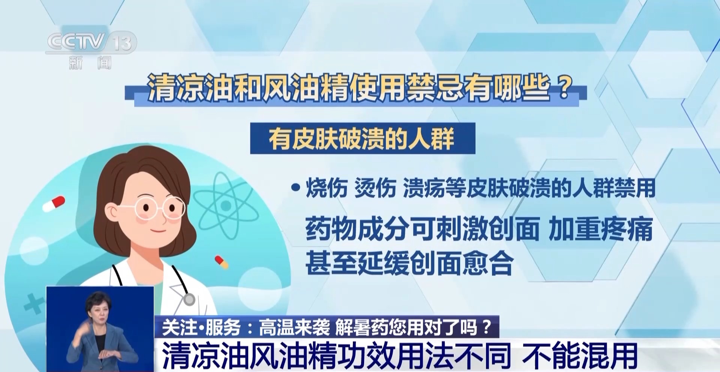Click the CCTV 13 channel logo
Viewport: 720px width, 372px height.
(91, 42)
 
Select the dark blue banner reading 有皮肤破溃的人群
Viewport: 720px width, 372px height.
(363, 138)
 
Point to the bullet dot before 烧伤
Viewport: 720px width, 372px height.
(296, 188)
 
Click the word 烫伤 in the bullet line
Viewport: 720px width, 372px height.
(375, 188)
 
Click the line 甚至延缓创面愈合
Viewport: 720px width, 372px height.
(409, 263)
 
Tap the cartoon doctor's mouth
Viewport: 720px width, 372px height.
(158, 230)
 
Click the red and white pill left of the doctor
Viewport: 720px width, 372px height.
(54, 204)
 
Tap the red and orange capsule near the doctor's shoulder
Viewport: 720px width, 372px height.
(221, 262)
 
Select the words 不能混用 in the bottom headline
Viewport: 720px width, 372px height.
(580, 355)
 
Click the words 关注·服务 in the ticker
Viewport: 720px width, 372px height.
(202, 327)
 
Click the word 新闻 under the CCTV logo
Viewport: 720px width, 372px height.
(90, 63)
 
